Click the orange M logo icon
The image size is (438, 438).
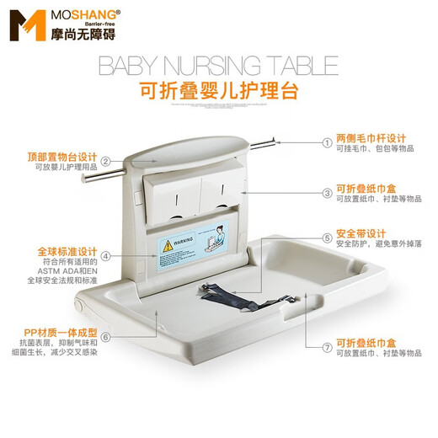[24, 25]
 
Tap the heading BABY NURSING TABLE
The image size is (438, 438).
[218, 66]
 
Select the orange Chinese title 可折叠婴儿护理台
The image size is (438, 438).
[218, 91]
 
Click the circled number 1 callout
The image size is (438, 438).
[328, 142]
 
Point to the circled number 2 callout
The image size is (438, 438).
[106, 161]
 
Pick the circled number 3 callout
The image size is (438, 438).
[328, 193]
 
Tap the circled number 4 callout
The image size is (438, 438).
[106, 256]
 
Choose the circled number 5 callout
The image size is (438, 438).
[328, 238]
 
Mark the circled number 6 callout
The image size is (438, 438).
[106, 336]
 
